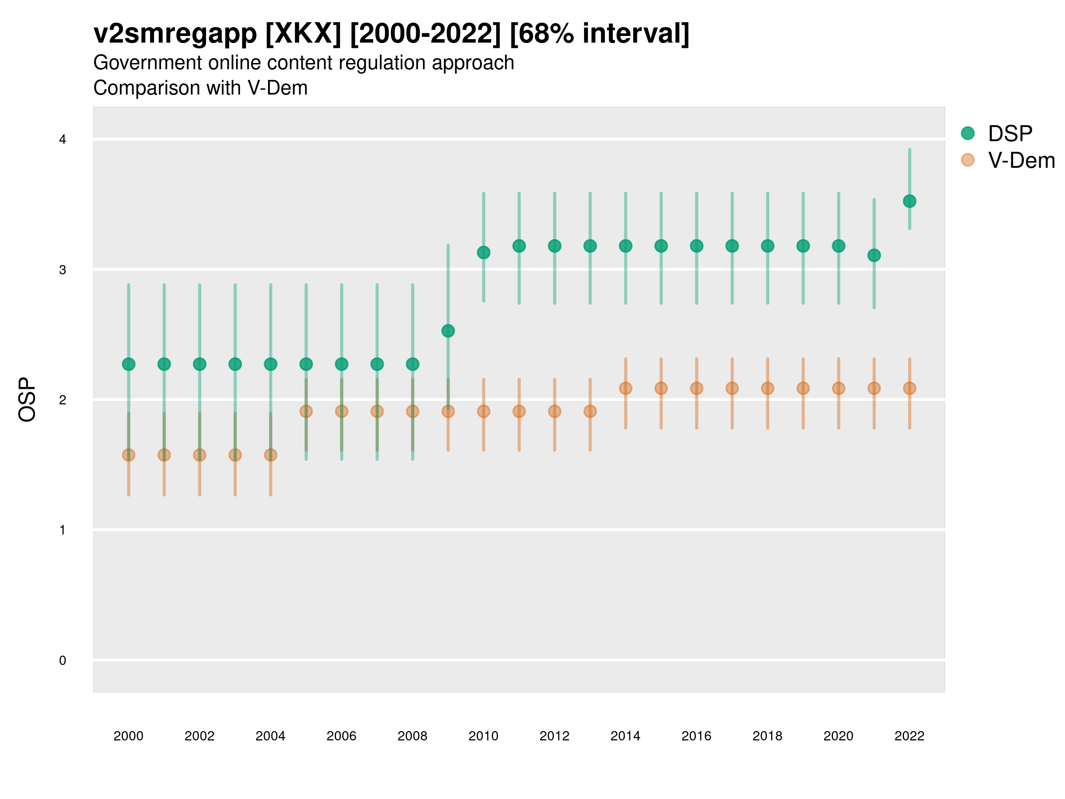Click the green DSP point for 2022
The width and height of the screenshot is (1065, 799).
point(910,202)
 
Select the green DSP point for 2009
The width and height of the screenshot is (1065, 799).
point(448,331)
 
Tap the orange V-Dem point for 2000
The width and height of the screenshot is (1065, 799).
point(129,455)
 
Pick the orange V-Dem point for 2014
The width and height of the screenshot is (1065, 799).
point(625,388)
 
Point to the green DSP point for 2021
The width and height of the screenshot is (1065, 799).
point(874,255)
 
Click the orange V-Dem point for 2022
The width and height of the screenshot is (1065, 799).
point(910,388)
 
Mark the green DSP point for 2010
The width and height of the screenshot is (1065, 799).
point(483,253)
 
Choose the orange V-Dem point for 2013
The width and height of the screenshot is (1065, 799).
point(590,411)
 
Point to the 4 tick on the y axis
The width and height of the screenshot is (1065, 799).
point(63,140)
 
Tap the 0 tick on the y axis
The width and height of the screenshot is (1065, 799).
point(63,661)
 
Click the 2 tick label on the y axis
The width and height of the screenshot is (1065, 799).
point(63,400)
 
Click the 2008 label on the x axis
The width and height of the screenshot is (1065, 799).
point(412,736)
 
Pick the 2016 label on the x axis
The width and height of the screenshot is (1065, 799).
point(696,736)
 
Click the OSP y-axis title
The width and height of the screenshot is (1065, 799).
point(28,400)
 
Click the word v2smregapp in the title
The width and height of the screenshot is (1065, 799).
point(175,34)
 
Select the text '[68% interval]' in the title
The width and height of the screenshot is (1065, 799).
point(599,34)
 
